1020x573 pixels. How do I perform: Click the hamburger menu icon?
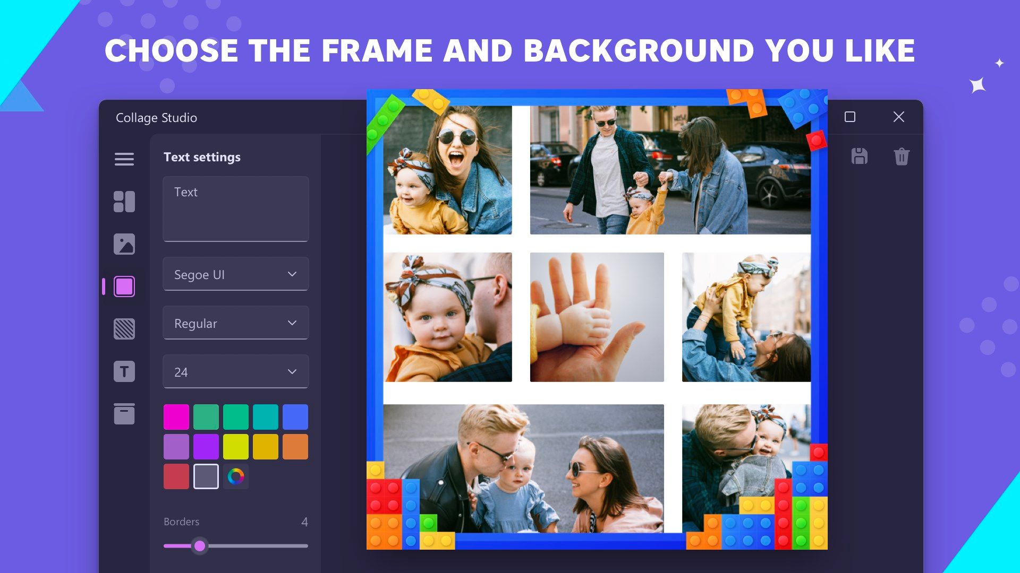pyautogui.click(x=124, y=159)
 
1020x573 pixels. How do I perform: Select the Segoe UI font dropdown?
pyautogui.click(x=235, y=274)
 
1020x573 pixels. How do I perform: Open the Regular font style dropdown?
pyautogui.click(x=235, y=323)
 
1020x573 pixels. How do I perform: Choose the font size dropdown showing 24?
pyautogui.click(x=235, y=371)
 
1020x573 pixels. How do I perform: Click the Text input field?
pyautogui.click(x=235, y=209)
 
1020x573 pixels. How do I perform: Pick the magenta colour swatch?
pyautogui.click(x=176, y=417)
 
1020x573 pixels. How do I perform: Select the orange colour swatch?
pyautogui.click(x=295, y=447)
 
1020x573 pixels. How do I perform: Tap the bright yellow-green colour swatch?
pyautogui.click(x=236, y=447)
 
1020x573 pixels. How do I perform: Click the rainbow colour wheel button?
pyautogui.click(x=236, y=476)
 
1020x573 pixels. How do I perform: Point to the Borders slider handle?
pyautogui.click(x=200, y=545)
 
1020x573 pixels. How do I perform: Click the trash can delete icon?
pyautogui.click(x=902, y=157)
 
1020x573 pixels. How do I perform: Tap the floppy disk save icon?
pyautogui.click(x=860, y=156)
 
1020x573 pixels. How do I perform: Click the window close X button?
pyautogui.click(x=899, y=117)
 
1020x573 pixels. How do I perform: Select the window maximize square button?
pyautogui.click(x=850, y=117)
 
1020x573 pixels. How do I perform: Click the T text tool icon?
pyautogui.click(x=124, y=371)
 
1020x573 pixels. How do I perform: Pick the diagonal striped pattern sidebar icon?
pyautogui.click(x=124, y=329)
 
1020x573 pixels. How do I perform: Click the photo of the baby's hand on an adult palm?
pyautogui.click(x=597, y=317)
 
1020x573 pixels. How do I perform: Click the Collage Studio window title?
pyautogui.click(x=156, y=118)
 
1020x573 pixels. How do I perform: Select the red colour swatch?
pyautogui.click(x=176, y=476)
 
